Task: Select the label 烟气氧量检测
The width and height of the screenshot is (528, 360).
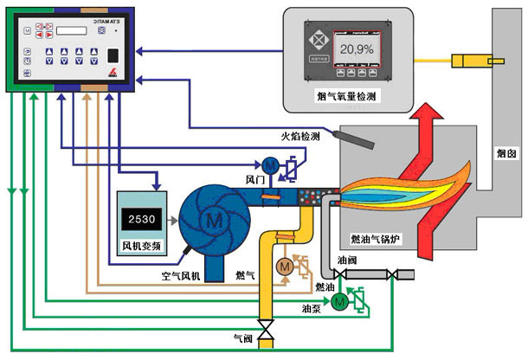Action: pyautogui.click(x=347, y=98)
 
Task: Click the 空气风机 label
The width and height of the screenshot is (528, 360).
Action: pyautogui.click(x=186, y=277)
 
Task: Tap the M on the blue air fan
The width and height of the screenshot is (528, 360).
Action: pyautogui.click(x=211, y=221)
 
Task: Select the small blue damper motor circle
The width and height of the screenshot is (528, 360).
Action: pyautogui.click(x=268, y=164)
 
